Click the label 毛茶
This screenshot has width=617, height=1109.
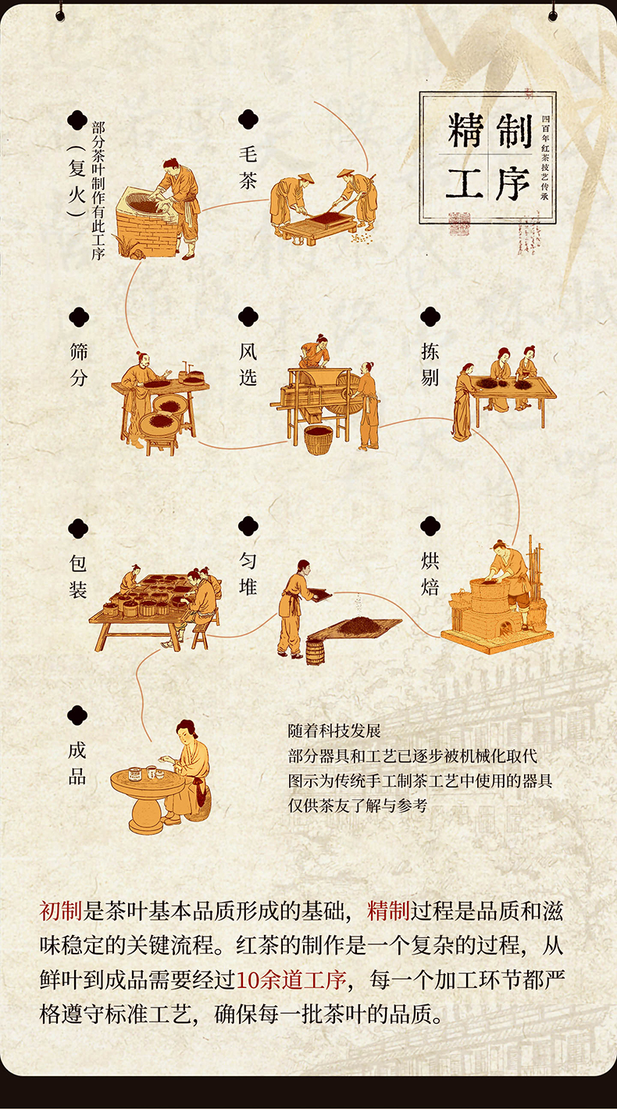(248, 167)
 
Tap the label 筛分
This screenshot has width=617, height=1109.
(79, 365)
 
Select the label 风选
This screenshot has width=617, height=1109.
(248, 365)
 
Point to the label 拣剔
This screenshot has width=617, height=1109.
(430, 365)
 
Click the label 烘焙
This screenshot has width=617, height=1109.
(430, 574)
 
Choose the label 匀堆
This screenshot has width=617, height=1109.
(248, 574)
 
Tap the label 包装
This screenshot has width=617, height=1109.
(78, 577)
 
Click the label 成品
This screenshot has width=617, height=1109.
(77, 763)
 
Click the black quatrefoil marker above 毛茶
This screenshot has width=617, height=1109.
(248, 119)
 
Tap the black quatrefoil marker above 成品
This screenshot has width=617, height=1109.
(77, 716)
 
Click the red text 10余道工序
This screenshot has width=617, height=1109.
(291, 979)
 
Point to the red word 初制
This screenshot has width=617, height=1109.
(61, 911)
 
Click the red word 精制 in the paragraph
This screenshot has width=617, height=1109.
(388, 911)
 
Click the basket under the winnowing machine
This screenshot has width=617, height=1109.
(318, 439)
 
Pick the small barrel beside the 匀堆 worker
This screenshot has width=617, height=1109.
(315, 652)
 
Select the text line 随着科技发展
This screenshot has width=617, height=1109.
(334, 730)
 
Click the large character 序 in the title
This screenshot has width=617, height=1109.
(512, 183)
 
